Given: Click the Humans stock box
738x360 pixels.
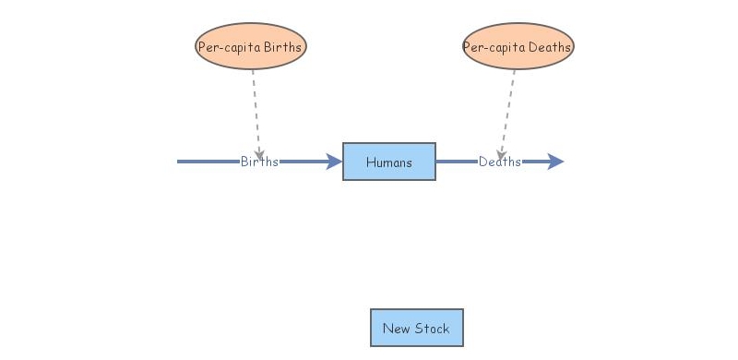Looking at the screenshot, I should coord(388,162).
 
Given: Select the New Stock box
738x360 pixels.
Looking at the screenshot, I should coord(416,328).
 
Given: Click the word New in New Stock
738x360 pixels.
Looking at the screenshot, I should coord(396,329).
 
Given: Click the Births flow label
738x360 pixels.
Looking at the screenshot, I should coord(259,162).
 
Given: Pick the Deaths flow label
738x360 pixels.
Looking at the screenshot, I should coord(499,162).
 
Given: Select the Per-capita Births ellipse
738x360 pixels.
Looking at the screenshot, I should coord(250,46).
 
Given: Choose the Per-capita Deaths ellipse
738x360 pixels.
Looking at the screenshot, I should coord(518,46).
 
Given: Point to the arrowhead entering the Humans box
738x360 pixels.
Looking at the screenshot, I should coord(334,162).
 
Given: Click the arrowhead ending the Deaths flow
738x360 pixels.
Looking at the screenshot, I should coord(555,162).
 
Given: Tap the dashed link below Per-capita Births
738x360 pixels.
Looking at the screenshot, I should coord(256,106).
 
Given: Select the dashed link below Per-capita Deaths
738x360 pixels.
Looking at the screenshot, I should coord(508,106).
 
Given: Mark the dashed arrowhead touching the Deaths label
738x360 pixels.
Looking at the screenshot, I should coord(501,150).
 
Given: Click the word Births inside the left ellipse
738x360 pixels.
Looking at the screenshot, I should coord(282,47).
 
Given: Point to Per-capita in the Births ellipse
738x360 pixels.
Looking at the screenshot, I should coord(230,47).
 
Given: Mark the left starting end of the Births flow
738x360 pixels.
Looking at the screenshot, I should coord(180,162).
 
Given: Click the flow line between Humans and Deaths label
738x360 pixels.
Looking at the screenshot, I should coord(456,162).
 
